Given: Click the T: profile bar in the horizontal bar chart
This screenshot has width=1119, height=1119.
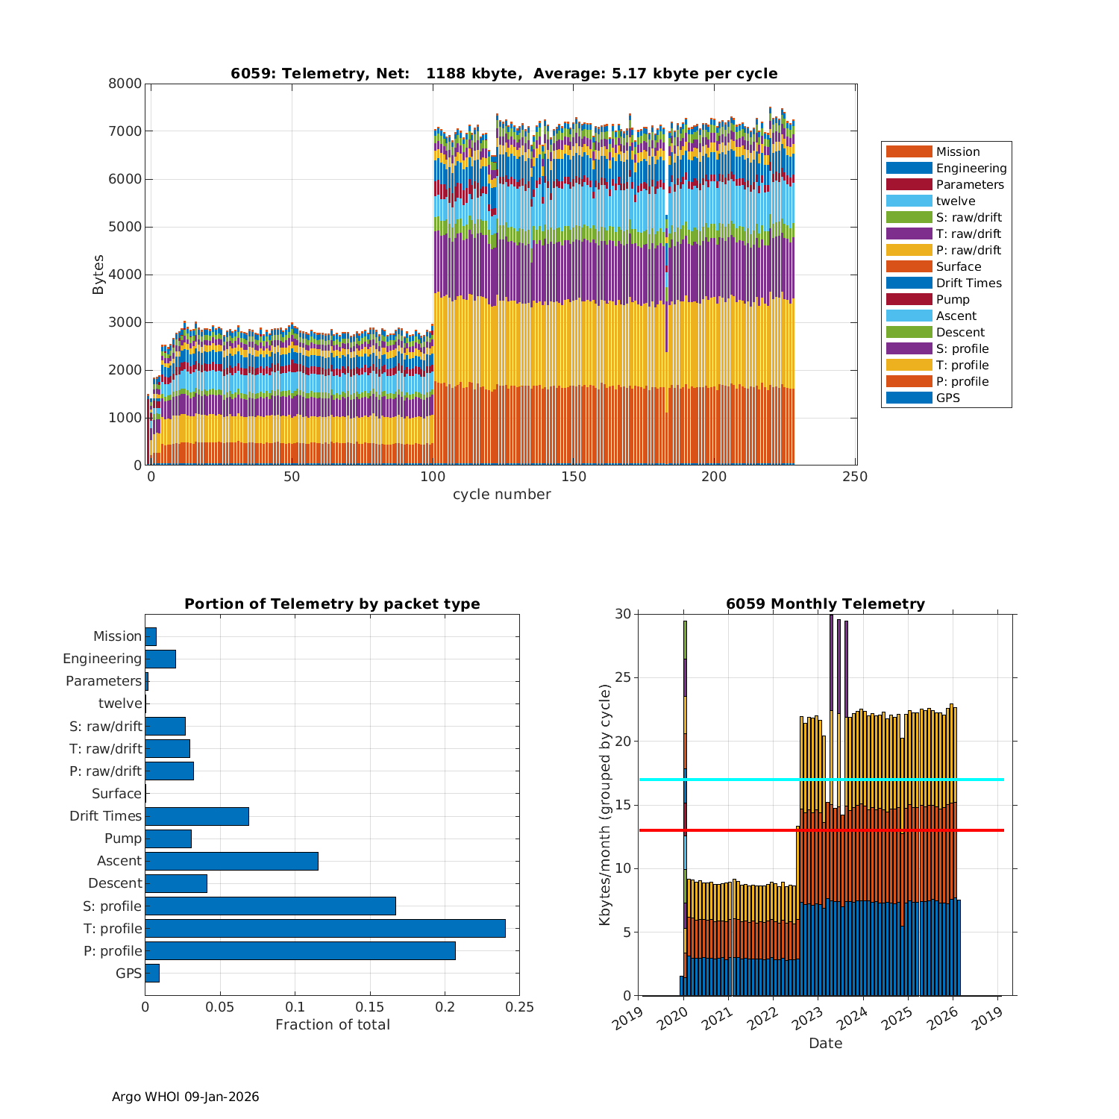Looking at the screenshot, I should [x=325, y=928].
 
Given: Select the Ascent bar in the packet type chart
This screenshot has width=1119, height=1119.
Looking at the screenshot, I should [x=231, y=861].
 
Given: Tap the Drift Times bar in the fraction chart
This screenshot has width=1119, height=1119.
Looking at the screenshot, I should [x=197, y=816].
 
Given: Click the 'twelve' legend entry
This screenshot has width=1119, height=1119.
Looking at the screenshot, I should [x=955, y=201].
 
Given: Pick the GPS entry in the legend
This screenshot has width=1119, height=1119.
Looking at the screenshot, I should [x=947, y=398].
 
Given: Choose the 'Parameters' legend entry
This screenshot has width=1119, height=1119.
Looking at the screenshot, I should [x=969, y=184].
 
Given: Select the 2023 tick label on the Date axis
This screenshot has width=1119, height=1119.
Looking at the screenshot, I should [x=812, y=1018].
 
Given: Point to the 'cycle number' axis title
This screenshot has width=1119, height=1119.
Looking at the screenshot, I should [x=501, y=495].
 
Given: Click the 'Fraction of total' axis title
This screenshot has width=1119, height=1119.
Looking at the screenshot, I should [x=332, y=1025].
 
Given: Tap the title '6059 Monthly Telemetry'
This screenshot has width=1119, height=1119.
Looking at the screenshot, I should [x=825, y=604].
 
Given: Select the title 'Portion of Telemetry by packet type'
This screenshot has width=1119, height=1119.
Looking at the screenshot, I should [x=332, y=604].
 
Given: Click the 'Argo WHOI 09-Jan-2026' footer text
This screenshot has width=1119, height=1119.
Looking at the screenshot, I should [x=185, y=1097].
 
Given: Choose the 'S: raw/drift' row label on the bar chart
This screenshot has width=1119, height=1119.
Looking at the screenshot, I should [x=105, y=727].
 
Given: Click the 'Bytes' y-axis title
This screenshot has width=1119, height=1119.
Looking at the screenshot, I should [x=98, y=275].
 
